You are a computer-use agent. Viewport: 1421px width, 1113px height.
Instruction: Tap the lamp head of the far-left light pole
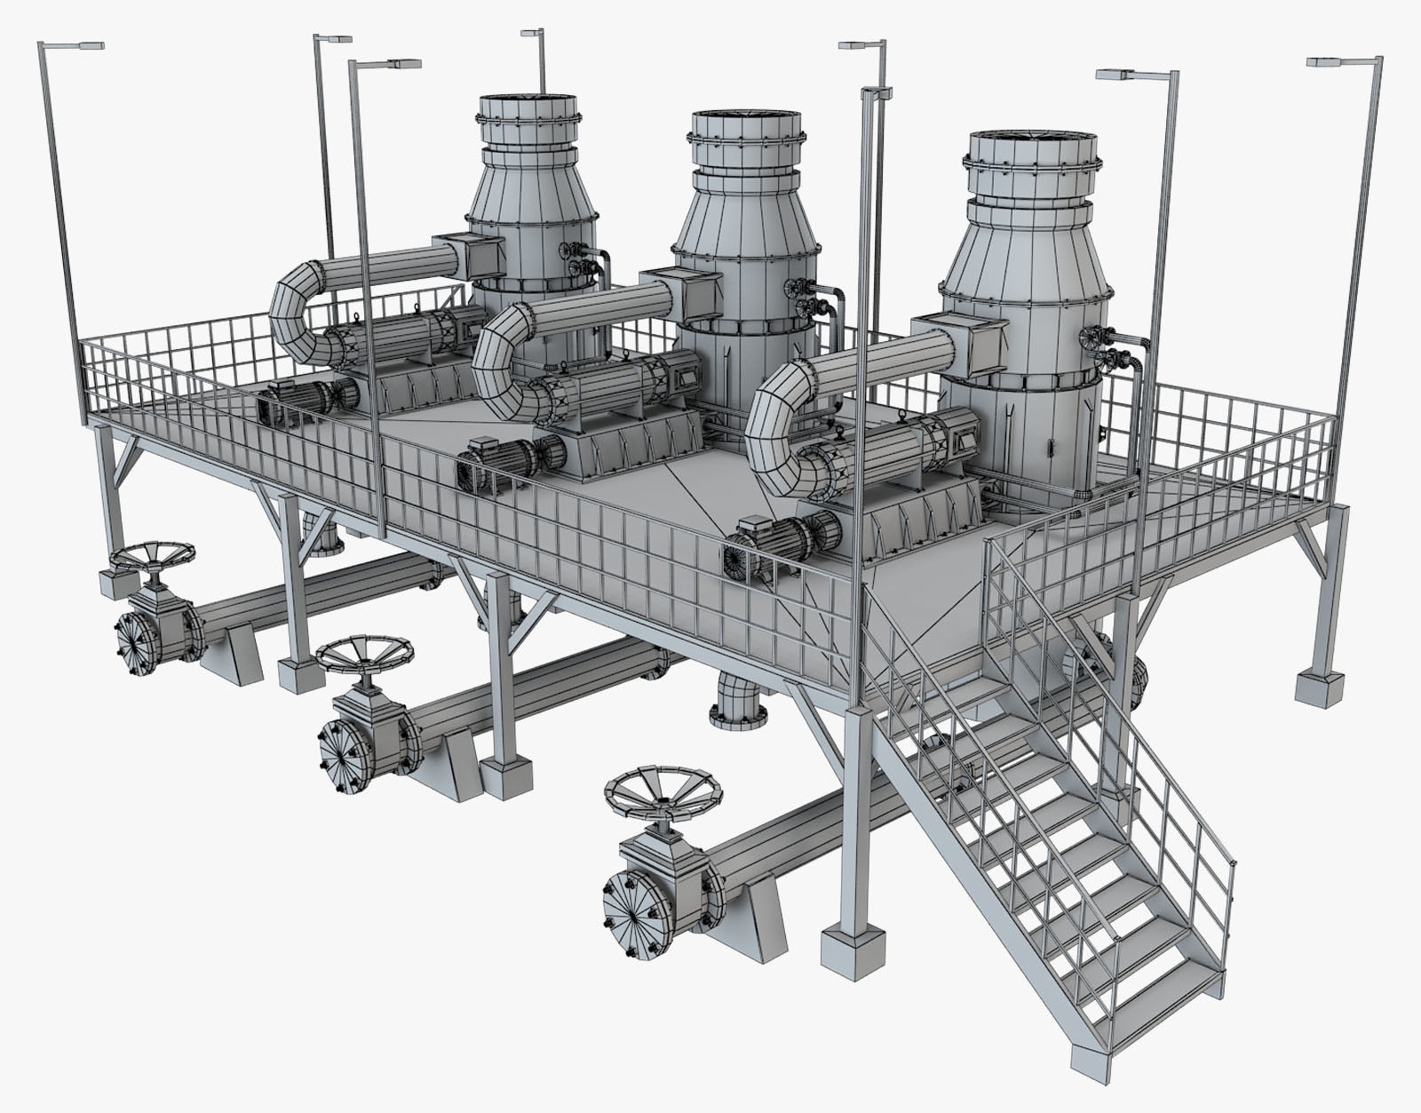83,44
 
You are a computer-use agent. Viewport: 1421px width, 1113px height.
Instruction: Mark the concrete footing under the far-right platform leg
1322,689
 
